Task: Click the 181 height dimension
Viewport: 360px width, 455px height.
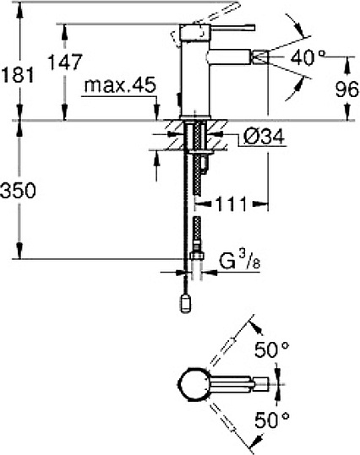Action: click(18, 74)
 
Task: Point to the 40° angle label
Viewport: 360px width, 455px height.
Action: click(308, 57)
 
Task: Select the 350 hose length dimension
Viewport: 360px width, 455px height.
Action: click(18, 191)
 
